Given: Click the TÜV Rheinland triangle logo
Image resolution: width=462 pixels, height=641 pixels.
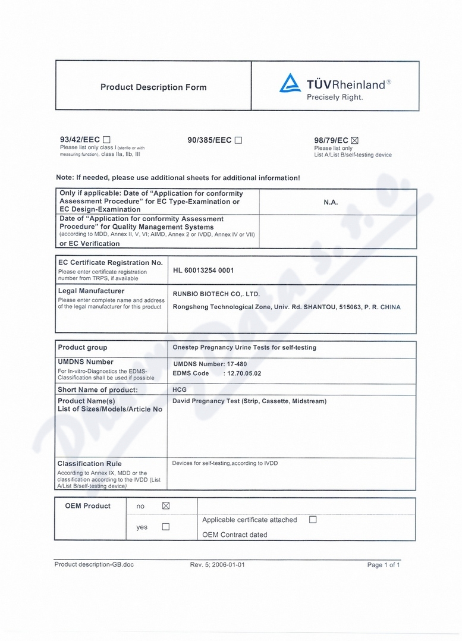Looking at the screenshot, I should tap(290, 84).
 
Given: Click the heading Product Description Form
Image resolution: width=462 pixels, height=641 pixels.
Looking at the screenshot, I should tap(153, 87).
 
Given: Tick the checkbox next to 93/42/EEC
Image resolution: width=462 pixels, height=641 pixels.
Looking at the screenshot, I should tap(107, 140).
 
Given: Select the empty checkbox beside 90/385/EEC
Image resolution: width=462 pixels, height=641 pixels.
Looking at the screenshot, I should tap(238, 140).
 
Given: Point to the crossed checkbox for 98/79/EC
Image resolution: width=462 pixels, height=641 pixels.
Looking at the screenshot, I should tap(356, 141).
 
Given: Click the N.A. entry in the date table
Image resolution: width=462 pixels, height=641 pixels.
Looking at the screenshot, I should tap(331, 202).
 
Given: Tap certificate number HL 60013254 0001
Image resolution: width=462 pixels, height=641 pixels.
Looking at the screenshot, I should tap(203, 271).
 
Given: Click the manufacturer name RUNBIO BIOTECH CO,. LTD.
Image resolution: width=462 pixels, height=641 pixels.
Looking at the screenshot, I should tap(216, 294).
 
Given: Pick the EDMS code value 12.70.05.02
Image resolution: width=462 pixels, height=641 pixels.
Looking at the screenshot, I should tap(242, 373).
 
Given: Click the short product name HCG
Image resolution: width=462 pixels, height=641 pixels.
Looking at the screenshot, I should tap(179, 389).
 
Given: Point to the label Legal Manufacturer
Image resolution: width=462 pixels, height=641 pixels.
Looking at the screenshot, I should tap(91, 291).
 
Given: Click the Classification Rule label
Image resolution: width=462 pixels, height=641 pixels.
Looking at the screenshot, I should tap(90, 464).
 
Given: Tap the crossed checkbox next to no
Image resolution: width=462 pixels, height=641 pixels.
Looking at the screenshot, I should tap(166, 506).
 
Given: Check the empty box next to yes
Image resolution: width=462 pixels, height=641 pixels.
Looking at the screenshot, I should tap(166, 527).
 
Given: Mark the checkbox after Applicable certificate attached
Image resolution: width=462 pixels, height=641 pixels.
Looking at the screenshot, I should tap(313, 520).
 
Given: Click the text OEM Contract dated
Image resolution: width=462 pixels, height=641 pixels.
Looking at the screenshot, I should tap(235, 535).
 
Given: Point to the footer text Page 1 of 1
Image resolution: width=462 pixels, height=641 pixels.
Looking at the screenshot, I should tap(384, 565).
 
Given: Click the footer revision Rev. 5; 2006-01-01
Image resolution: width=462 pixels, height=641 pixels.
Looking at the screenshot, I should tap(217, 565).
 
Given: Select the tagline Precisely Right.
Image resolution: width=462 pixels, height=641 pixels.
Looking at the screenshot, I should tap(335, 98).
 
